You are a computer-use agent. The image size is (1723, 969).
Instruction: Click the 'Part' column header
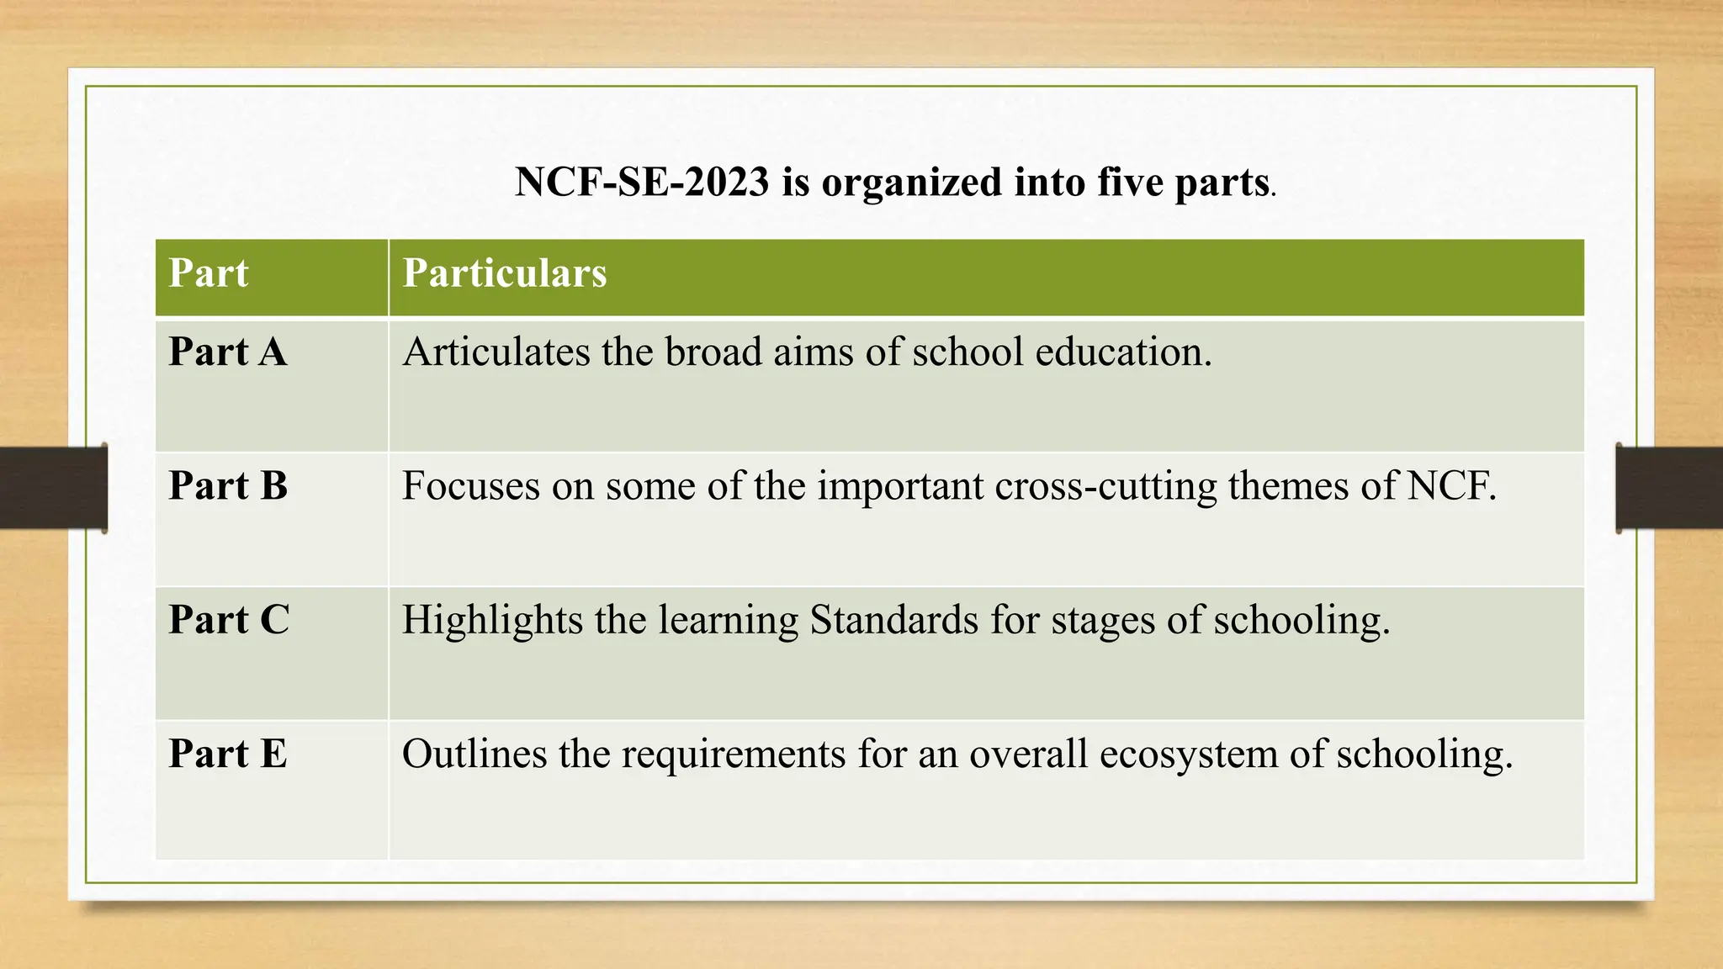[209, 273]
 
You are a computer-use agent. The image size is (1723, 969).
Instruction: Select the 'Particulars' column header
[504, 273]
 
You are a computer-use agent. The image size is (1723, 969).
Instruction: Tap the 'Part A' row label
[228, 352]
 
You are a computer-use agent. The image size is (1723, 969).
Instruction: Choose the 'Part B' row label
[228, 486]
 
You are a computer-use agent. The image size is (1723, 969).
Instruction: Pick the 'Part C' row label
[229, 620]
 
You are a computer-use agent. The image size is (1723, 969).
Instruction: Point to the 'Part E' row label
[228, 754]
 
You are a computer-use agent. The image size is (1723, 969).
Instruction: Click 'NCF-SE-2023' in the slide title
[642, 183]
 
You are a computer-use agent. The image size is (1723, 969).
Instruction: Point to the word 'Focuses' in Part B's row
[471, 486]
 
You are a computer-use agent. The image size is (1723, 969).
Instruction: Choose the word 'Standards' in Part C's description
[894, 620]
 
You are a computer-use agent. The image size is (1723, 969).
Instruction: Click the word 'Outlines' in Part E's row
[474, 754]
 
